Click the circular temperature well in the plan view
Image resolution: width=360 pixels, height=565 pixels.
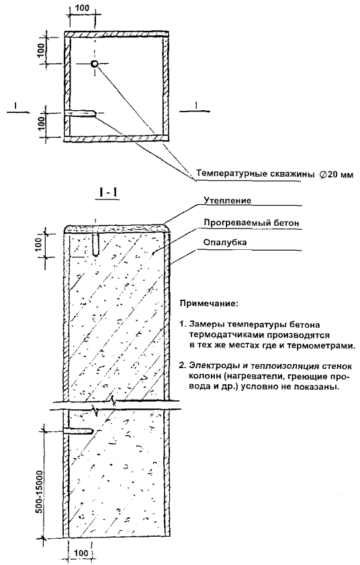95,64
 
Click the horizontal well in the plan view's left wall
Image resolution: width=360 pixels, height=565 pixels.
81,113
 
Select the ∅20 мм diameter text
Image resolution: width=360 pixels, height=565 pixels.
336,175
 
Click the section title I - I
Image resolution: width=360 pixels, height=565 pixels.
109,193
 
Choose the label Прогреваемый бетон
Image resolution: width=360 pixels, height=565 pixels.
251,222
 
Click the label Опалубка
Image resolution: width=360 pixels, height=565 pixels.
225,242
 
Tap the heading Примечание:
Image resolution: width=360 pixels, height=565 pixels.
209,304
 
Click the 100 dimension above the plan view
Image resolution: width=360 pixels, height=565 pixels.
83,8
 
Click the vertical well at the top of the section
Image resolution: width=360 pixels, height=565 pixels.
95,245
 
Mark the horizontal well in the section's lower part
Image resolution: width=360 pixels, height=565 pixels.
79,431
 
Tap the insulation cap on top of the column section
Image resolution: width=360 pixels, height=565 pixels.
116,228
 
